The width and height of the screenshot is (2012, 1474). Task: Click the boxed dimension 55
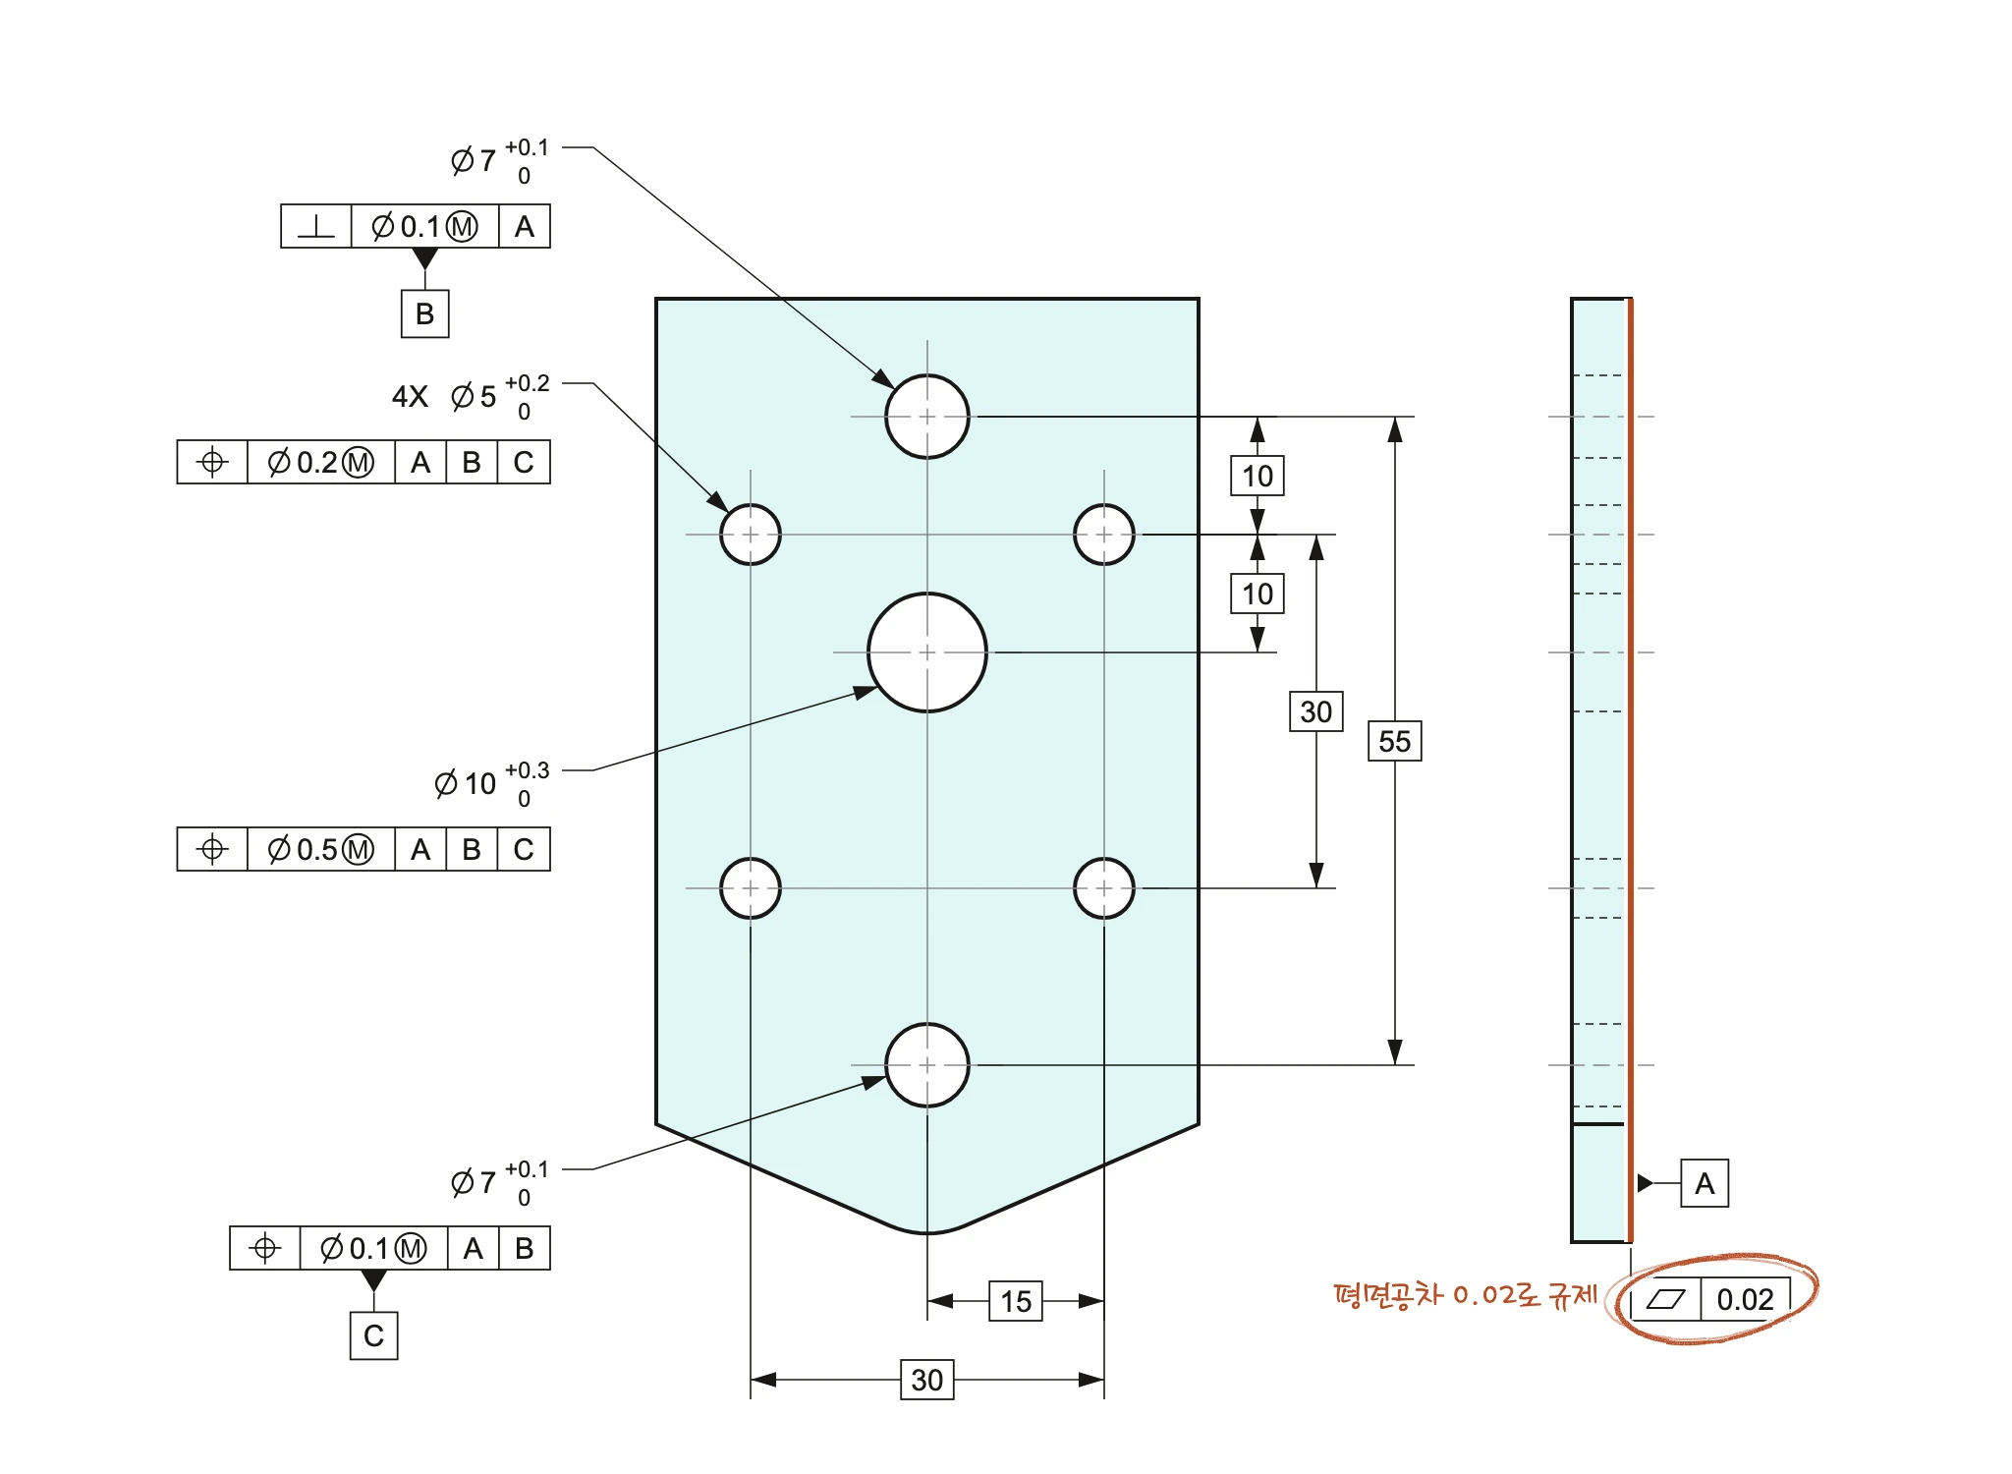(x=1395, y=741)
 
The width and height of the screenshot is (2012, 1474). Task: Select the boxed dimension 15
(x=1016, y=1301)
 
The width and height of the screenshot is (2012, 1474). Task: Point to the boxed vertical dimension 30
(x=1316, y=711)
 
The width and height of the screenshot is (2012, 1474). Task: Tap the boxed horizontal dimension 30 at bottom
(x=927, y=1380)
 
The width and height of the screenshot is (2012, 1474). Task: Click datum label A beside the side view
(x=1705, y=1183)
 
